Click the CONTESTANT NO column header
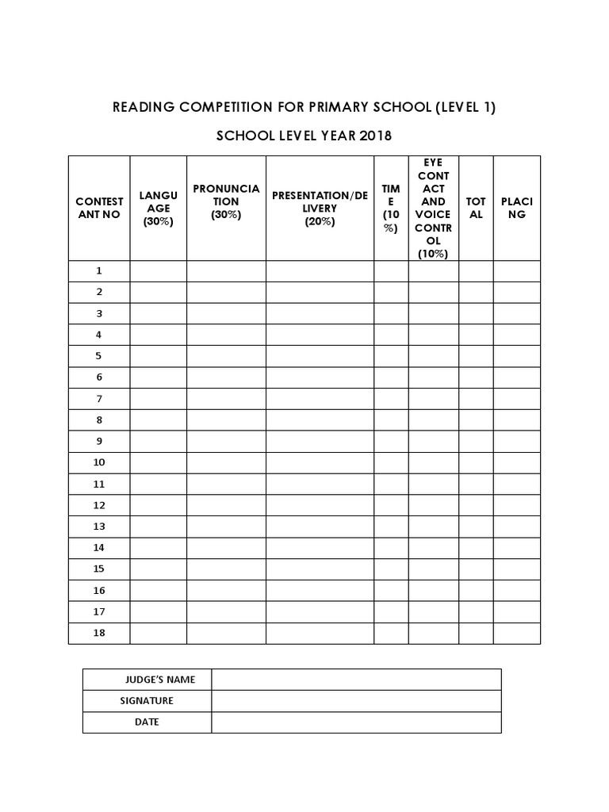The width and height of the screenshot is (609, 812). (x=99, y=208)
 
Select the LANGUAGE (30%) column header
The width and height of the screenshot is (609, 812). (x=158, y=208)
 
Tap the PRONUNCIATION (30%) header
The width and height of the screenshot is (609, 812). (x=226, y=201)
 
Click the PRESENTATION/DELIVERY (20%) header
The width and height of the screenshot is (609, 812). (x=320, y=208)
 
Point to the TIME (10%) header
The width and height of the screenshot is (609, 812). (x=391, y=208)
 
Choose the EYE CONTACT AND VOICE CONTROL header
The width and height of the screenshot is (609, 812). (x=433, y=208)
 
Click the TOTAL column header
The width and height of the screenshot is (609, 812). (x=476, y=208)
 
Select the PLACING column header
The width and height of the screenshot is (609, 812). (x=517, y=208)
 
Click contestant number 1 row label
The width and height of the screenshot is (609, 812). (x=99, y=270)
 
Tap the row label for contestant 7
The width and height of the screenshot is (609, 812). (x=99, y=399)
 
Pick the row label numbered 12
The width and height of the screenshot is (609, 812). (x=99, y=505)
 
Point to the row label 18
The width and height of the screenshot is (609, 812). (x=99, y=633)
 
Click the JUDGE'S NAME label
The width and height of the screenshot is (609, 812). (x=159, y=680)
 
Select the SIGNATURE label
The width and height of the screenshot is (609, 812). (x=147, y=701)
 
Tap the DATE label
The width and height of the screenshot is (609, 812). (x=147, y=722)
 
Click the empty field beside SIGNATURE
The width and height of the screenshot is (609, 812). (x=356, y=701)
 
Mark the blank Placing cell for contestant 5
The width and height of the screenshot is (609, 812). (x=517, y=356)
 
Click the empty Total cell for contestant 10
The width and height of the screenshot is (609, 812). (x=476, y=462)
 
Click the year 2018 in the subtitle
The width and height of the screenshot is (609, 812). (x=375, y=136)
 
